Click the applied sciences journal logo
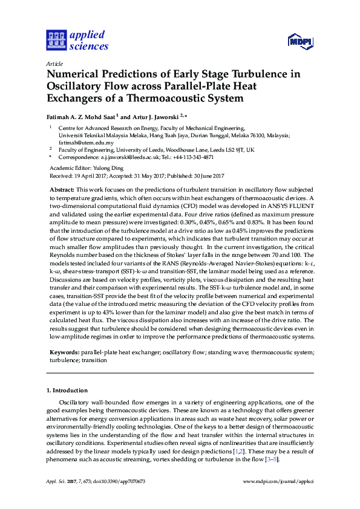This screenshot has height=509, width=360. (x=77, y=40)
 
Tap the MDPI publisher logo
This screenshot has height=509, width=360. (x=301, y=42)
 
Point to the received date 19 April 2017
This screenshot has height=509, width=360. (x=93, y=175)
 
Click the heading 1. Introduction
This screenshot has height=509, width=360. (x=68, y=390)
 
